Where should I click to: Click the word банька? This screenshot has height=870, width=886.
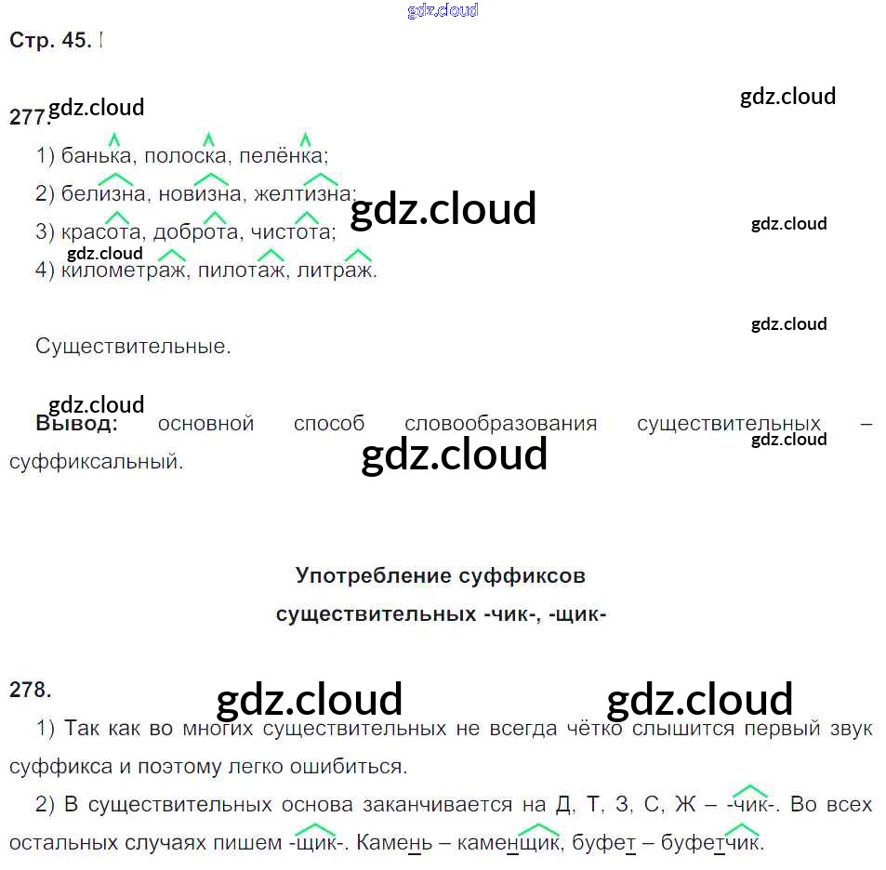(x=97, y=156)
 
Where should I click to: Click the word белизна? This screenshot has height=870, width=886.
(x=103, y=194)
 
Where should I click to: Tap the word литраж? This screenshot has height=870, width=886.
(x=337, y=271)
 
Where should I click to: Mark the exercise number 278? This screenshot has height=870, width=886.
(x=30, y=690)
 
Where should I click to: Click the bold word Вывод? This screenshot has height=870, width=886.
(x=76, y=424)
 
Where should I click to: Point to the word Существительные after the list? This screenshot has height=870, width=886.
(x=132, y=347)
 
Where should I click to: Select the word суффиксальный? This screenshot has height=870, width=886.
(x=96, y=461)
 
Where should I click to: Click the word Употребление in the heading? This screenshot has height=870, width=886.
(x=375, y=575)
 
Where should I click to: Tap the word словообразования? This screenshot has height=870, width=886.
(x=500, y=424)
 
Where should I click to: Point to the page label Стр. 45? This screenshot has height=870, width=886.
(x=50, y=41)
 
